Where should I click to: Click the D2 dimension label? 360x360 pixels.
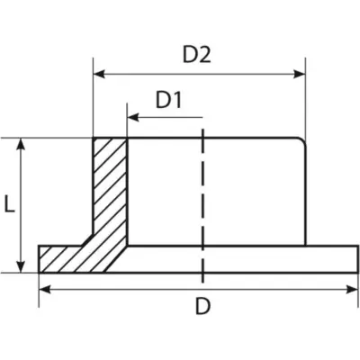coord(197,55)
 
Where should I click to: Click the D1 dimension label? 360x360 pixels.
coord(168,100)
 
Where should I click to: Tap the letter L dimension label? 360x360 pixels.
coord(10,203)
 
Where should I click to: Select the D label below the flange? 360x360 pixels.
coord(203,306)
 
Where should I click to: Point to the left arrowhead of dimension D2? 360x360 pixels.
coord(99,74)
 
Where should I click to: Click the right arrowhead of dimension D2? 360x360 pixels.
coord(300,74)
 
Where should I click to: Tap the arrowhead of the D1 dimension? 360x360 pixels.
coord(133,118)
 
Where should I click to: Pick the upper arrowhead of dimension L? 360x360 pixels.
coord(21,144)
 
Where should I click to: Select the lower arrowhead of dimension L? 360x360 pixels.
coord(21,267)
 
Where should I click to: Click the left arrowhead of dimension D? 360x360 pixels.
coord(45,290)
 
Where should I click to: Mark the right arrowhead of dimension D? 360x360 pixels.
coord(353,290)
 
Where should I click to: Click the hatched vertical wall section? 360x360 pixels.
coord(110,186)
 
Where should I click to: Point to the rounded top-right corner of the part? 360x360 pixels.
coord(302,141)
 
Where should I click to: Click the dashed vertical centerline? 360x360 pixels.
coord(203,206)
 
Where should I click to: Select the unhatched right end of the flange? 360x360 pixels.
coord(331,259)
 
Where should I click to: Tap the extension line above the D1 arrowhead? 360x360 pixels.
coord(128,120)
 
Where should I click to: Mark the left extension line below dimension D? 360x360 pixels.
coord(39,290)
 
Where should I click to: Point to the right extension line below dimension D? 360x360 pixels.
coord(358,290)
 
